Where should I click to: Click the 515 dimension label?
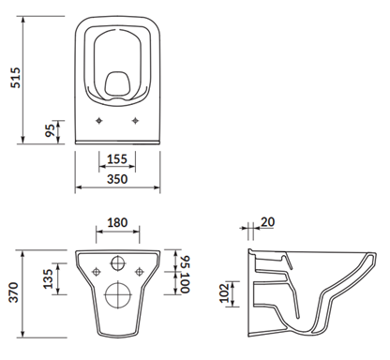(x=15, y=78)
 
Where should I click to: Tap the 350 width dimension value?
(x=117, y=179)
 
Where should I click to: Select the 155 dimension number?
(x=117, y=159)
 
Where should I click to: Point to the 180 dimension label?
(x=117, y=222)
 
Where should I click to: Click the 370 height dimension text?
(x=14, y=292)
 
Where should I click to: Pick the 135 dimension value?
(x=49, y=278)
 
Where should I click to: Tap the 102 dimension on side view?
(x=225, y=293)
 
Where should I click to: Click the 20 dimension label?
(x=267, y=222)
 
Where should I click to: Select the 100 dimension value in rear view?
(x=186, y=283)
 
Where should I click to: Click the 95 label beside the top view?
(x=50, y=129)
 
